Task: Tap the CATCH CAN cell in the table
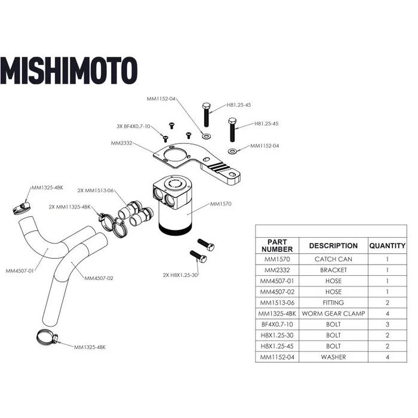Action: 333,259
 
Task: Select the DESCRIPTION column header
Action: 333,245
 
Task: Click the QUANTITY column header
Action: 387,245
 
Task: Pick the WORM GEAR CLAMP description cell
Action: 333,314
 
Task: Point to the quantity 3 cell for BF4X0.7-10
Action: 387,324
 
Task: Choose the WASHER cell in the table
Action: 333,357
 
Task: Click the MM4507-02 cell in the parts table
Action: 276,292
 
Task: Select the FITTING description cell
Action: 333,303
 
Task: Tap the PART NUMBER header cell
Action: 276,245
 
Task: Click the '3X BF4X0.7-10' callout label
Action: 133,127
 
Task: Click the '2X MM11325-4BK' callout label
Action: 70,207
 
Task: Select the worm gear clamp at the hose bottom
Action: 45,339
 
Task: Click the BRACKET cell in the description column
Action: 333,270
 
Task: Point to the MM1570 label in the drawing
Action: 221,204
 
